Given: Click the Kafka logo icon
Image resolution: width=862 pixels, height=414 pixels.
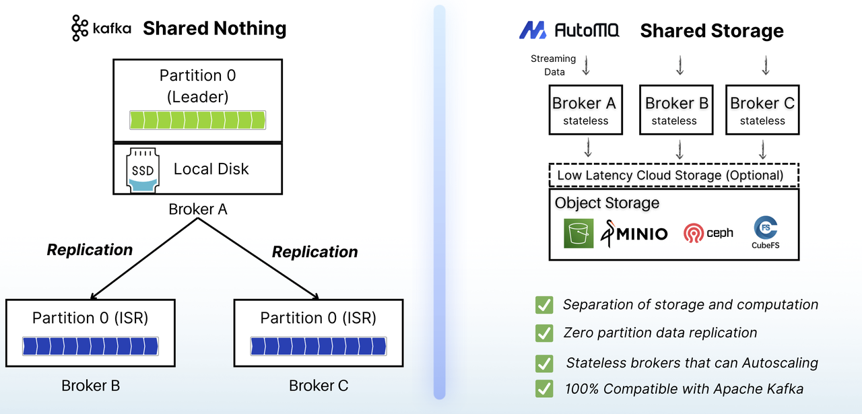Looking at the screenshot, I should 80,28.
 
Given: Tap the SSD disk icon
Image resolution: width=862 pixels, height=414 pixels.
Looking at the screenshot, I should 142,169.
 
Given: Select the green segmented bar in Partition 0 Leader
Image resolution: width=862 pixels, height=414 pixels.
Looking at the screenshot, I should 197,120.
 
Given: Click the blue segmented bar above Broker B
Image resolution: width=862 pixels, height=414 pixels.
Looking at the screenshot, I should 90,346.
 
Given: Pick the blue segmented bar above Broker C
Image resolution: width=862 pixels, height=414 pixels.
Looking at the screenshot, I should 318,346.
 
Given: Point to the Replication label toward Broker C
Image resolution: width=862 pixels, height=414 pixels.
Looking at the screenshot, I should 314,252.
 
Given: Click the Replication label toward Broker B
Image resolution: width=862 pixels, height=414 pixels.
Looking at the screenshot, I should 90,250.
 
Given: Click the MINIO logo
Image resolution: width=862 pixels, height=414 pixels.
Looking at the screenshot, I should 634,233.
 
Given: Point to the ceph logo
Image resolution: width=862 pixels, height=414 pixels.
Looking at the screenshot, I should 708,233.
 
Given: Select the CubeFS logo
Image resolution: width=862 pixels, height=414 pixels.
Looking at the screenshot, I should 766,232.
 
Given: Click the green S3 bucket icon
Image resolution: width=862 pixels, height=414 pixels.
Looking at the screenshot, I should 578,233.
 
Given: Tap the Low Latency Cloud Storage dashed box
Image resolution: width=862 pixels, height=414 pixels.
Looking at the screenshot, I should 673,175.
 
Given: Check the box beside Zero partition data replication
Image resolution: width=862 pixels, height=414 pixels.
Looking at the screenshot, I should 544,333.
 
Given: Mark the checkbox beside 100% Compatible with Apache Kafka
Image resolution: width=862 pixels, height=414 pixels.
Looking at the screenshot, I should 544,388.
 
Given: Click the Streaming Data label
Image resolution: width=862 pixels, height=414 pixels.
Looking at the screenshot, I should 553,65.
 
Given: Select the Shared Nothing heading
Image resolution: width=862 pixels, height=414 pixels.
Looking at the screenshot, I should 215,28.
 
